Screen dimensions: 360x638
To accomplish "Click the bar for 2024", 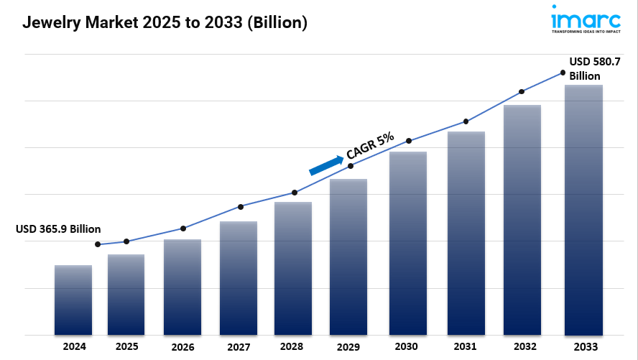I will (x=73, y=300).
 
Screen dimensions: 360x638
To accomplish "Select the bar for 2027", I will (x=239, y=278).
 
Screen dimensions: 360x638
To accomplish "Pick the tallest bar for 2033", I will (x=583, y=210).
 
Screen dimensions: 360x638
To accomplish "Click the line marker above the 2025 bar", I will (x=126, y=241).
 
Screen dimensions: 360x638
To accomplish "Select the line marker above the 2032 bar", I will (x=522, y=92).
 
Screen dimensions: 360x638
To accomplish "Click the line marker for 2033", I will (x=563, y=73).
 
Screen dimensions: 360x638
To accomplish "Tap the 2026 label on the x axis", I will (x=182, y=347).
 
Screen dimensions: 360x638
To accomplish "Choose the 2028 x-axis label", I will (x=292, y=346).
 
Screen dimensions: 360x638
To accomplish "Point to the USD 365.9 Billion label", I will (x=58, y=229).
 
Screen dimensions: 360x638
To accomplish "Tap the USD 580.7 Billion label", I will (x=595, y=68).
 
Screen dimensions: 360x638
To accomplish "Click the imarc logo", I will (x=586, y=19).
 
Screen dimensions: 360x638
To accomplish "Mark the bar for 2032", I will (x=522, y=220).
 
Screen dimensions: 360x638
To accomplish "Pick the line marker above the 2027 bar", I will (x=241, y=207).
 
